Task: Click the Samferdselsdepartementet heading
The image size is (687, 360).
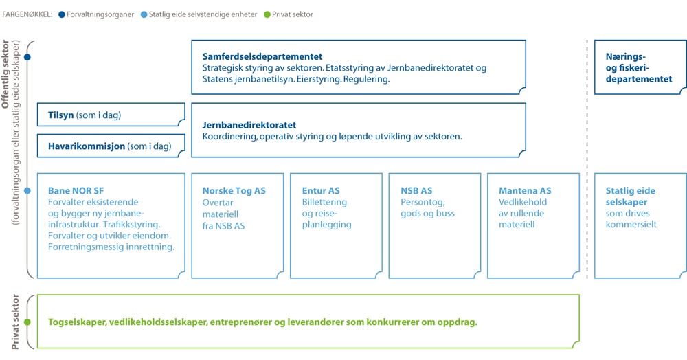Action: pos(262,56)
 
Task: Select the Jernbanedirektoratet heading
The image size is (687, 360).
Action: pos(249,125)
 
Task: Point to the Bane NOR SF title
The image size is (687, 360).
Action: pos(76,191)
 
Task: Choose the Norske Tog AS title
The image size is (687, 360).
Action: pos(234,191)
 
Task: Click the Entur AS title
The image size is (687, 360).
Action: pos(321,191)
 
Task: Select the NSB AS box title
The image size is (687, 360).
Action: pos(416,191)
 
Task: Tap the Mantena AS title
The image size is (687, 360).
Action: pos(525,191)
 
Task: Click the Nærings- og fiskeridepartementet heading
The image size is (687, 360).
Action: pos(639,68)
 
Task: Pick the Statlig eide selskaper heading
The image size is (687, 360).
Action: pos(631,196)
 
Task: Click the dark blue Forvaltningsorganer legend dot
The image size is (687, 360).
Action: pos(62,14)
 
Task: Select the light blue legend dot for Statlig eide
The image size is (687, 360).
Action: pos(144,14)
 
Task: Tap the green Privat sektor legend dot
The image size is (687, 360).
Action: pos(267,14)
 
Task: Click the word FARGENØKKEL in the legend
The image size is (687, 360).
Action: pos(27,14)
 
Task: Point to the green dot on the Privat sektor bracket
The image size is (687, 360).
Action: pos(27,322)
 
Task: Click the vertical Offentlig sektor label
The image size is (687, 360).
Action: pos(5,74)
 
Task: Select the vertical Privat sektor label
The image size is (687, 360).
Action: pos(15,322)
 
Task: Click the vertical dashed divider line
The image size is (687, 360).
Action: pos(587,159)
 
